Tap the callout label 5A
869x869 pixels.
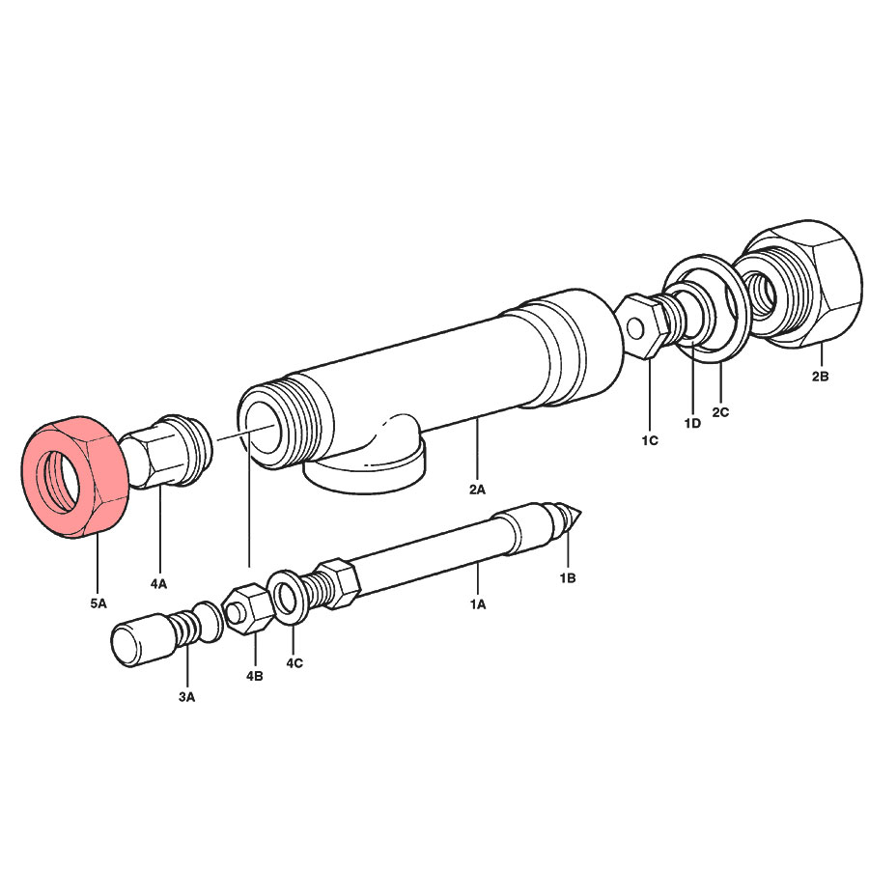point(98,603)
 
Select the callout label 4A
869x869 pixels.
point(158,583)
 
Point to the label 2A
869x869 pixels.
point(477,490)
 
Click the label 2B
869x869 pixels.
point(820,377)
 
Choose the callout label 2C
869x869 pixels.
point(720,412)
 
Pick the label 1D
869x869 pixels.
point(692,424)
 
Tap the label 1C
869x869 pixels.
point(650,440)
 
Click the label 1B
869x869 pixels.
point(568,578)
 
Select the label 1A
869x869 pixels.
point(478,604)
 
